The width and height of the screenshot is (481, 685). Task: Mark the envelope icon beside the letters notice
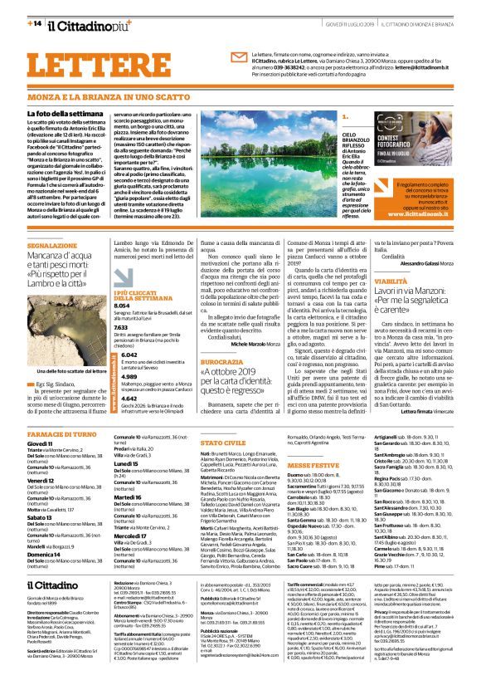(x=239, y=57)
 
